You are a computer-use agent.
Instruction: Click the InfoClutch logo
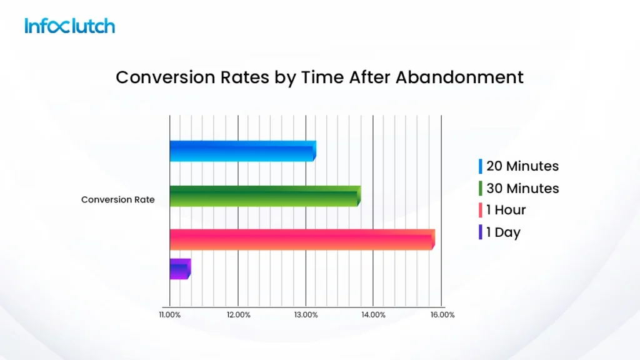[x=70, y=26]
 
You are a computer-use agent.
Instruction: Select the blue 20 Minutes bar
[x=242, y=151]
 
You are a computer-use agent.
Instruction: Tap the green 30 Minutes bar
[x=264, y=196]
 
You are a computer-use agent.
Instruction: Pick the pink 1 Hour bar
[x=301, y=239]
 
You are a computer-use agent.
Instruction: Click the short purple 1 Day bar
[x=179, y=269]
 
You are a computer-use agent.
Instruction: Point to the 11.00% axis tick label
[x=169, y=315]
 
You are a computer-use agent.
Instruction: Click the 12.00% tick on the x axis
[x=237, y=315]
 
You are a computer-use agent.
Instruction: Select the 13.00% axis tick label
[x=305, y=315]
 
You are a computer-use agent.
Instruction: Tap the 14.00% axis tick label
[x=373, y=315]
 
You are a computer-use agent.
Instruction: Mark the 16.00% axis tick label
[x=442, y=315]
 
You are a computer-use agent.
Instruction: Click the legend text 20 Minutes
[x=522, y=166]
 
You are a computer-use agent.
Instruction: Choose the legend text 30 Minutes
[x=522, y=188]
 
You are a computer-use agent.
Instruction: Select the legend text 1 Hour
[x=506, y=210]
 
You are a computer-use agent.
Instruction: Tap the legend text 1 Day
[x=503, y=232]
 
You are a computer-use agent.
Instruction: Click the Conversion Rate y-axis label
[x=118, y=200]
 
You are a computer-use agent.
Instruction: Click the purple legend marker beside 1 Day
[x=480, y=232]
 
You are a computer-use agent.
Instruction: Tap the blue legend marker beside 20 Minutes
[x=480, y=166]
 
